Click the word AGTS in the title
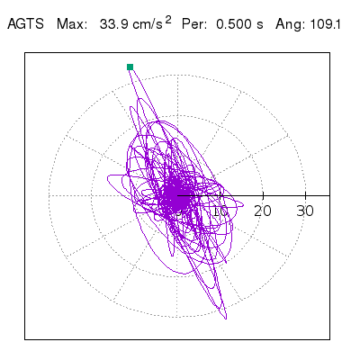click(26, 24)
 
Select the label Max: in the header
click(72, 24)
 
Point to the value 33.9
click(114, 24)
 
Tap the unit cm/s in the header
click(148, 24)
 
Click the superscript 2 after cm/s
click(168, 20)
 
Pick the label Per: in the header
click(194, 24)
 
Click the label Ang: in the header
click(289, 24)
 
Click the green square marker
click(130, 67)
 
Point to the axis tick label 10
click(220, 211)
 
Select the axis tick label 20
click(263, 211)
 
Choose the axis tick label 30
click(305, 211)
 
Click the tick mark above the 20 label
click(263, 195)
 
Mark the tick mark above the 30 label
click(305, 195)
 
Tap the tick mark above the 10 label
click(220, 195)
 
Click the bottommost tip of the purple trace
click(226, 319)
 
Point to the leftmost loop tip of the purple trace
click(107, 179)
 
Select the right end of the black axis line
click(329, 195)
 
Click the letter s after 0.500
click(260, 25)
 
